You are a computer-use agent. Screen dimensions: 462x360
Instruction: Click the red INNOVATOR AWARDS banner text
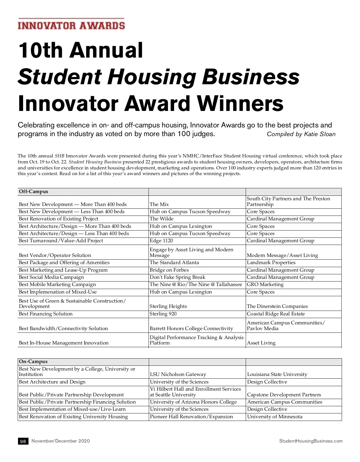71,25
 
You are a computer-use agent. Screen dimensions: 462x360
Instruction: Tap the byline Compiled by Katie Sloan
301,134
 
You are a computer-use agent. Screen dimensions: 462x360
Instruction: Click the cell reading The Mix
159,204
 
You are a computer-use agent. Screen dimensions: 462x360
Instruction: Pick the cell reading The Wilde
161,219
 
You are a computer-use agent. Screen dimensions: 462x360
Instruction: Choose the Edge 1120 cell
161,241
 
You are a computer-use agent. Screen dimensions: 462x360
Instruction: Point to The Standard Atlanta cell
174,263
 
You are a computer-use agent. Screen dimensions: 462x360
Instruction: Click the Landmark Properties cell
271,263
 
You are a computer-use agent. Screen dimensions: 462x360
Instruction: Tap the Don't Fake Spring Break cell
178,277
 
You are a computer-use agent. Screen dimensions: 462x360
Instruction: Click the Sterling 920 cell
163,314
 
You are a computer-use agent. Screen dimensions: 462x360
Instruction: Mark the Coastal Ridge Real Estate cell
276,314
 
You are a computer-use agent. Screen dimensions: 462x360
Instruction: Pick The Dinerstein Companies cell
277,306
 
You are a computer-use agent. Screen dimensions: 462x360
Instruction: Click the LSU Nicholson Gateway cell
178,374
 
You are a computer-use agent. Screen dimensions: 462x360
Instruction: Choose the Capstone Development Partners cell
284,395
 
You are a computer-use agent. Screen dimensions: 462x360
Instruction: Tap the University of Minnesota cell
275,417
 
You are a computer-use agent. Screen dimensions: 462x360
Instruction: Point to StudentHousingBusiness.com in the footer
311,441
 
